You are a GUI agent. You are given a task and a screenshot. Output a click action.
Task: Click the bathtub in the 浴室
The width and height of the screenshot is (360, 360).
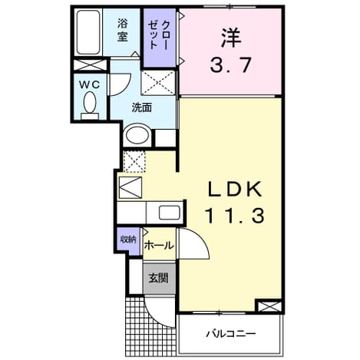pos(88,32)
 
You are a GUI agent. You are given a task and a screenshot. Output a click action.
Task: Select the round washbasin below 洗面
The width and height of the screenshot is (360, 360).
pos(137,135)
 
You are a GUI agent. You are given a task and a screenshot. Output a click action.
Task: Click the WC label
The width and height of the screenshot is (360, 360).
pos(89,84)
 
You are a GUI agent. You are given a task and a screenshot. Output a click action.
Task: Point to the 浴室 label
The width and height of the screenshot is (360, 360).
pos(123,30)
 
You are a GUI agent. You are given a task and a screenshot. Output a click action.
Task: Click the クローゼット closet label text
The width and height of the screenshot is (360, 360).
pos(159,35)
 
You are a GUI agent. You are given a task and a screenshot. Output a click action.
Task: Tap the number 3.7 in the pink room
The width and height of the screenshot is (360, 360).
pos(231,65)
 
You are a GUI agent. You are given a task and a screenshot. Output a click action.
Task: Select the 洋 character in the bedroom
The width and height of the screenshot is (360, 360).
pos(231,38)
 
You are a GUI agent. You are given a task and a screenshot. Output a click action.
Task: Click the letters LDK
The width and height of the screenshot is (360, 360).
pos(235,190)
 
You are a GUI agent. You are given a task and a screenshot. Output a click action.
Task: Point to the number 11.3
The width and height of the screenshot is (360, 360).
pos(234,216)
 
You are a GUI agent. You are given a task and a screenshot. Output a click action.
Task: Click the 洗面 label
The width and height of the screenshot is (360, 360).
pos(142,107)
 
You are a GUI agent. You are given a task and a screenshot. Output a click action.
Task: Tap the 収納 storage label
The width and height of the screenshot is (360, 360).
pos(128,239)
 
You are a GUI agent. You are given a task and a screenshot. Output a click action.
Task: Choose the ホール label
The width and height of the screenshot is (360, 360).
pos(159,246)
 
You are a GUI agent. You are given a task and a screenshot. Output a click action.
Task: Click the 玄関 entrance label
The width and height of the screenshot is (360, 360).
pos(159,278)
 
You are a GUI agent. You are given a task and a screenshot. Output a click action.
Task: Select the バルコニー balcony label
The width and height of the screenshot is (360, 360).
pos(231,334)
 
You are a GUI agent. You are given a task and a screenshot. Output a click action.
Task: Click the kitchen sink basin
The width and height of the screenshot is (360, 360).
pos(170,213)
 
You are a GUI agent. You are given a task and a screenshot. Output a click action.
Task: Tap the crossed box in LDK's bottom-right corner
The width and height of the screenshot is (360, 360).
pos(269,306)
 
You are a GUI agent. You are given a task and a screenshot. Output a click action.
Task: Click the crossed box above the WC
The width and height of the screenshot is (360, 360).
pos(90,65)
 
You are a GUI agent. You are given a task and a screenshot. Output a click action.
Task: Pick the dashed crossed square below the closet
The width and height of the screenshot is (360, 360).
pos(158,83)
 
